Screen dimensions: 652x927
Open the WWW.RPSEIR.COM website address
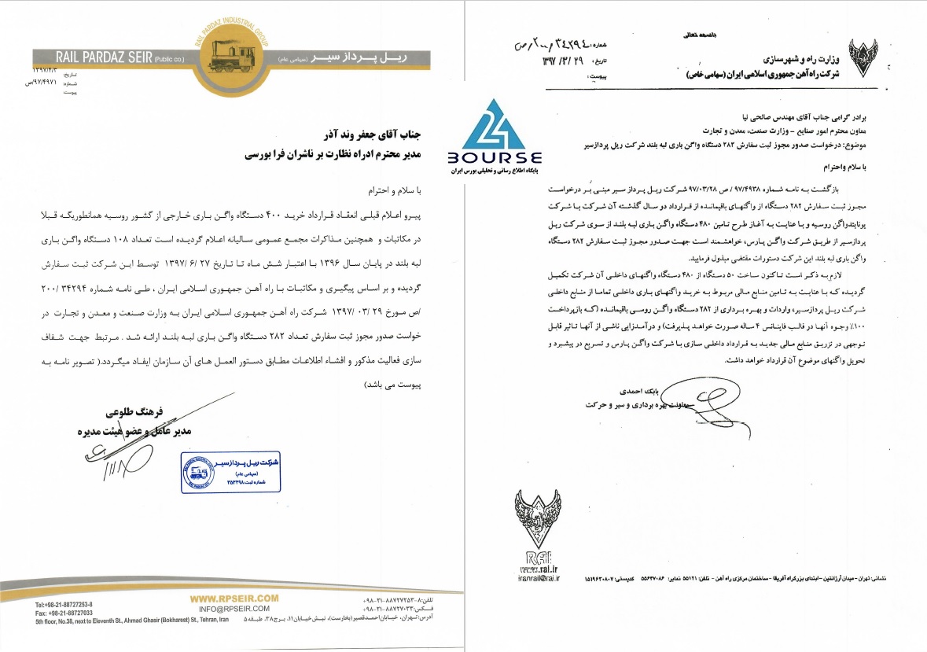(x=234, y=599)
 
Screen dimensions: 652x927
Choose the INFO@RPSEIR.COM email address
(x=234, y=609)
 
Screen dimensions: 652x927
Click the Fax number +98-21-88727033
(x=64, y=613)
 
